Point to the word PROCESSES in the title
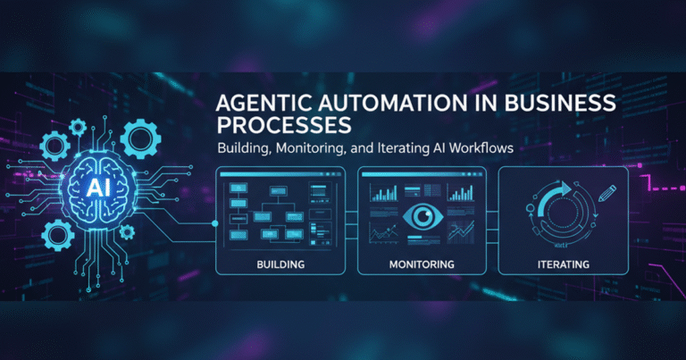[x=278, y=123]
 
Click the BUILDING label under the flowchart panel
[x=281, y=264]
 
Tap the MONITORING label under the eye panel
[x=422, y=264]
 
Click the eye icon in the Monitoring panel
[x=422, y=215]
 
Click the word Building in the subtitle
[x=247, y=149]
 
